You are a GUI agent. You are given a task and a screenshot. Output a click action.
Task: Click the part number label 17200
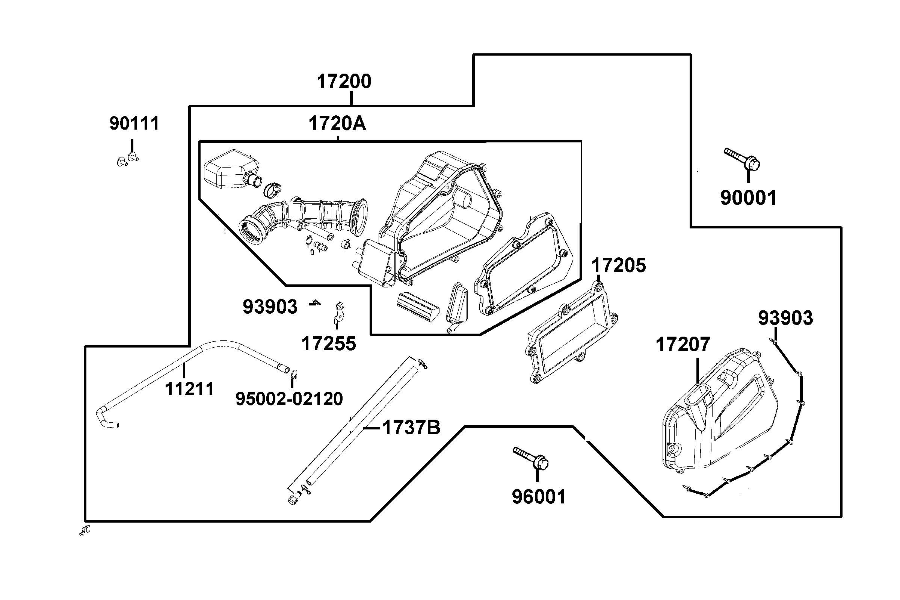click(x=344, y=82)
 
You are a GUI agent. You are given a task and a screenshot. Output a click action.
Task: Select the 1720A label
click(x=337, y=124)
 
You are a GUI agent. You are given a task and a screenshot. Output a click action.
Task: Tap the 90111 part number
click(x=134, y=124)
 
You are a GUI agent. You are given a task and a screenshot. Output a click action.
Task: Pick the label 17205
click(x=619, y=265)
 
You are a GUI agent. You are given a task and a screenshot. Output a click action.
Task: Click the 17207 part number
click(x=683, y=345)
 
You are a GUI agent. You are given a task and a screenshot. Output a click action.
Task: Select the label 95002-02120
click(x=289, y=399)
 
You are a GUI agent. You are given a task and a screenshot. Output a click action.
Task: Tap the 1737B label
click(x=411, y=428)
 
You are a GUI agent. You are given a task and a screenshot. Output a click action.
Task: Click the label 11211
click(x=189, y=389)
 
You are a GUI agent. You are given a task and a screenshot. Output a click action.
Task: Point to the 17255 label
click(x=329, y=344)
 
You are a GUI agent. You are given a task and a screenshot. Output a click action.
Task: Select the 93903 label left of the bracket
click(x=270, y=307)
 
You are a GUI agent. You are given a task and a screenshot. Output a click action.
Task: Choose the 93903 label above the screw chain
click(x=785, y=318)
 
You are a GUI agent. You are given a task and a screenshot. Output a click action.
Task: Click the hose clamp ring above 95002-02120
click(x=294, y=374)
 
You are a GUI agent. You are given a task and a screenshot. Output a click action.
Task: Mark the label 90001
click(x=749, y=198)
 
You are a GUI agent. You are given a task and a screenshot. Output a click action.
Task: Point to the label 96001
click(x=538, y=497)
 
